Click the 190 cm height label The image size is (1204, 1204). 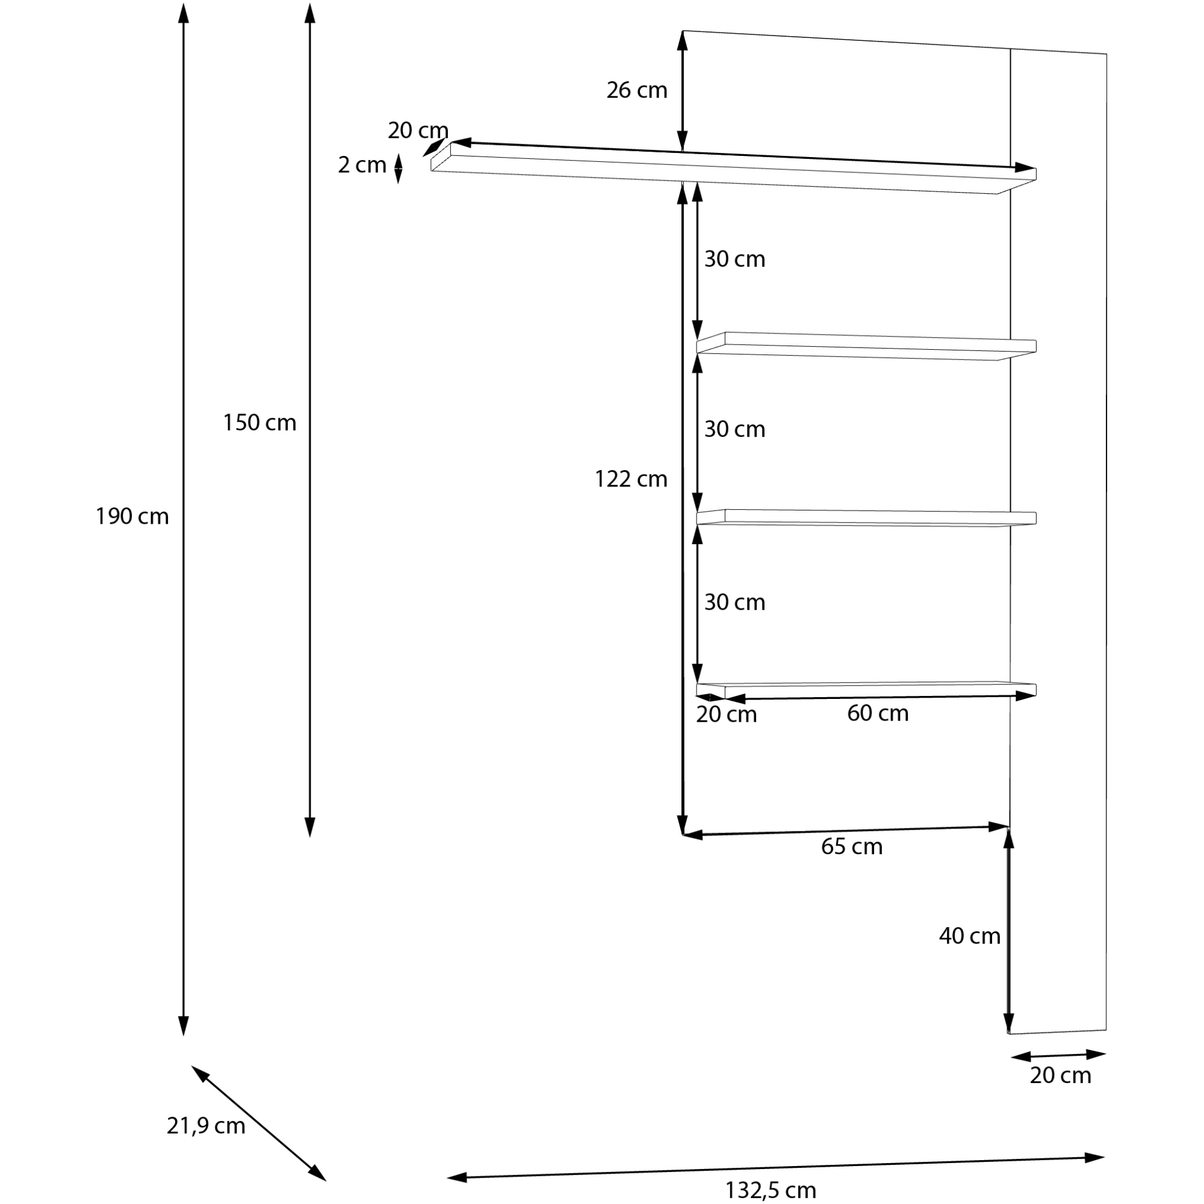point(131,517)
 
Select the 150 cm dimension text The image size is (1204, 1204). point(259,423)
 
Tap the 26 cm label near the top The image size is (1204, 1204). point(636,90)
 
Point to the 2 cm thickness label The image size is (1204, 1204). point(361,165)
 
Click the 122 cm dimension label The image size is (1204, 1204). point(631,479)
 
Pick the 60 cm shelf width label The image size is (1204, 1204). point(878,713)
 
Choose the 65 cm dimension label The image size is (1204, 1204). point(851,847)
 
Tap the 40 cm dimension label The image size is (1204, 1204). point(969,954)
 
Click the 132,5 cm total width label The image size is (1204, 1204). point(771,1190)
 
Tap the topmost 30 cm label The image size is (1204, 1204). point(734,259)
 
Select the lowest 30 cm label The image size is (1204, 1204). point(734,603)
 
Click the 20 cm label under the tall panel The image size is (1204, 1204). point(1060,1076)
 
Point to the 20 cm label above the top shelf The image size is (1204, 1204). point(418,131)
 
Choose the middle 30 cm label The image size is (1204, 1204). point(734,429)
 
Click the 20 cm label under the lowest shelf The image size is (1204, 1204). point(726,715)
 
